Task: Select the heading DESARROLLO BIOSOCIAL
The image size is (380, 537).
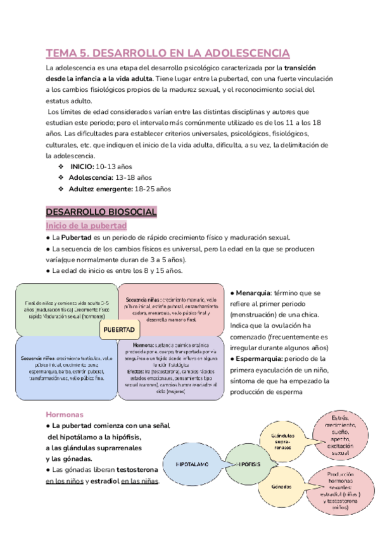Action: (x=101, y=211)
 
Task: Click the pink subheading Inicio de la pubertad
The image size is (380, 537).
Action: (x=86, y=225)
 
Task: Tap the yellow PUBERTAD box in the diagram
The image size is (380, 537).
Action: (x=118, y=331)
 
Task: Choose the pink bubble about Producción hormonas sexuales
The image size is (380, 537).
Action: (x=340, y=491)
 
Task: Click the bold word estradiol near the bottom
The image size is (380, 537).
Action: (x=103, y=481)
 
